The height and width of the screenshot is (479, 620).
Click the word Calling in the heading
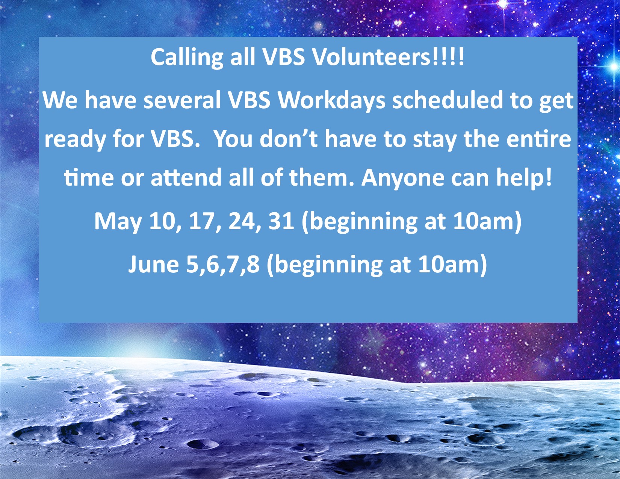tap(187, 58)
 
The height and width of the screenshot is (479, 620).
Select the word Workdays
tap(331, 102)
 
